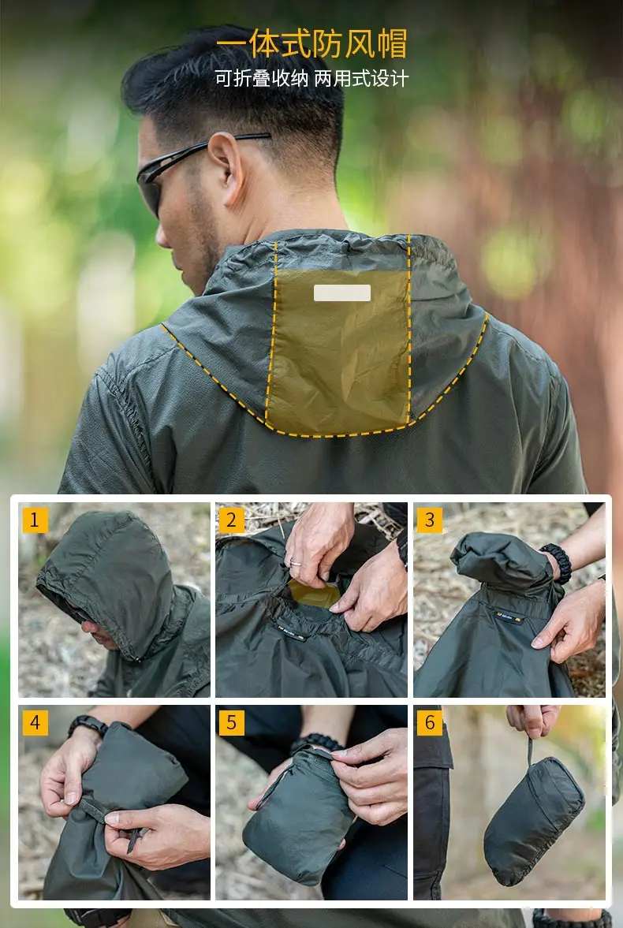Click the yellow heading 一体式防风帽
[x=311, y=43]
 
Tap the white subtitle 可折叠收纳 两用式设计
[x=311, y=78]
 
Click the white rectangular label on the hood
[x=342, y=293]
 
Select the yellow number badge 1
[x=35, y=520]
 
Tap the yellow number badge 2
[x=232, y=520]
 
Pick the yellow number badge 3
[x=429, y=520]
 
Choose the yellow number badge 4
[x=35, y=723]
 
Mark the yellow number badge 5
[x=232, y=723]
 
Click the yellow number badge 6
[x=429, y=723]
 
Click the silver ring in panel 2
[x=295, y=562]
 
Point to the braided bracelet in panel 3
[x=558, y=563]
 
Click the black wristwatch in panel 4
[x=88, y=725]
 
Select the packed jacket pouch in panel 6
[x=533, y=821]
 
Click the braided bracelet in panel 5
[x=317, y=743]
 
